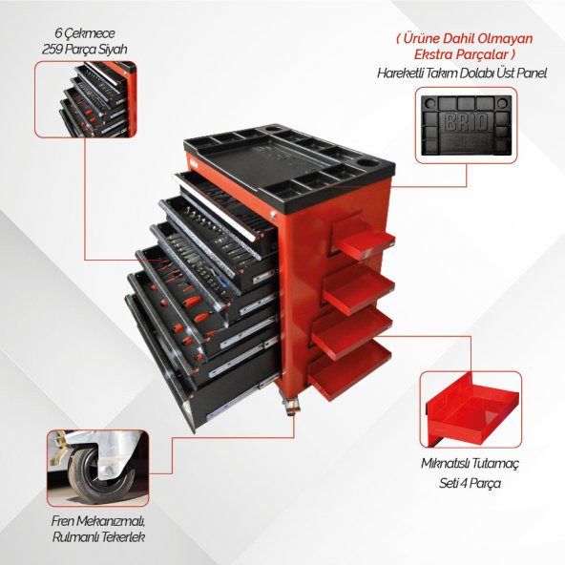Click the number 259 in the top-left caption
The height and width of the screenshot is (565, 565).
click(x=52, y=49)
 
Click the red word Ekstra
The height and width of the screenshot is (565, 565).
click(x=433, y=54)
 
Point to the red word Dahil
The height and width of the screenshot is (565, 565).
click(x=457, y=38)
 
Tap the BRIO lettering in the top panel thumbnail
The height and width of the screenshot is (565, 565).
click(x=467, y=122)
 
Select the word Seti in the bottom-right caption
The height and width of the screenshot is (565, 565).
click(x=448, y=483)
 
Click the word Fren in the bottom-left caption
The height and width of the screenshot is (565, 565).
click(x=63, y=521)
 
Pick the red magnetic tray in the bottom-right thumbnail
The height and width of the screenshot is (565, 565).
click(x=472, y=411)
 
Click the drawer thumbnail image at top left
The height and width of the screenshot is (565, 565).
click(x=86, y=99)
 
